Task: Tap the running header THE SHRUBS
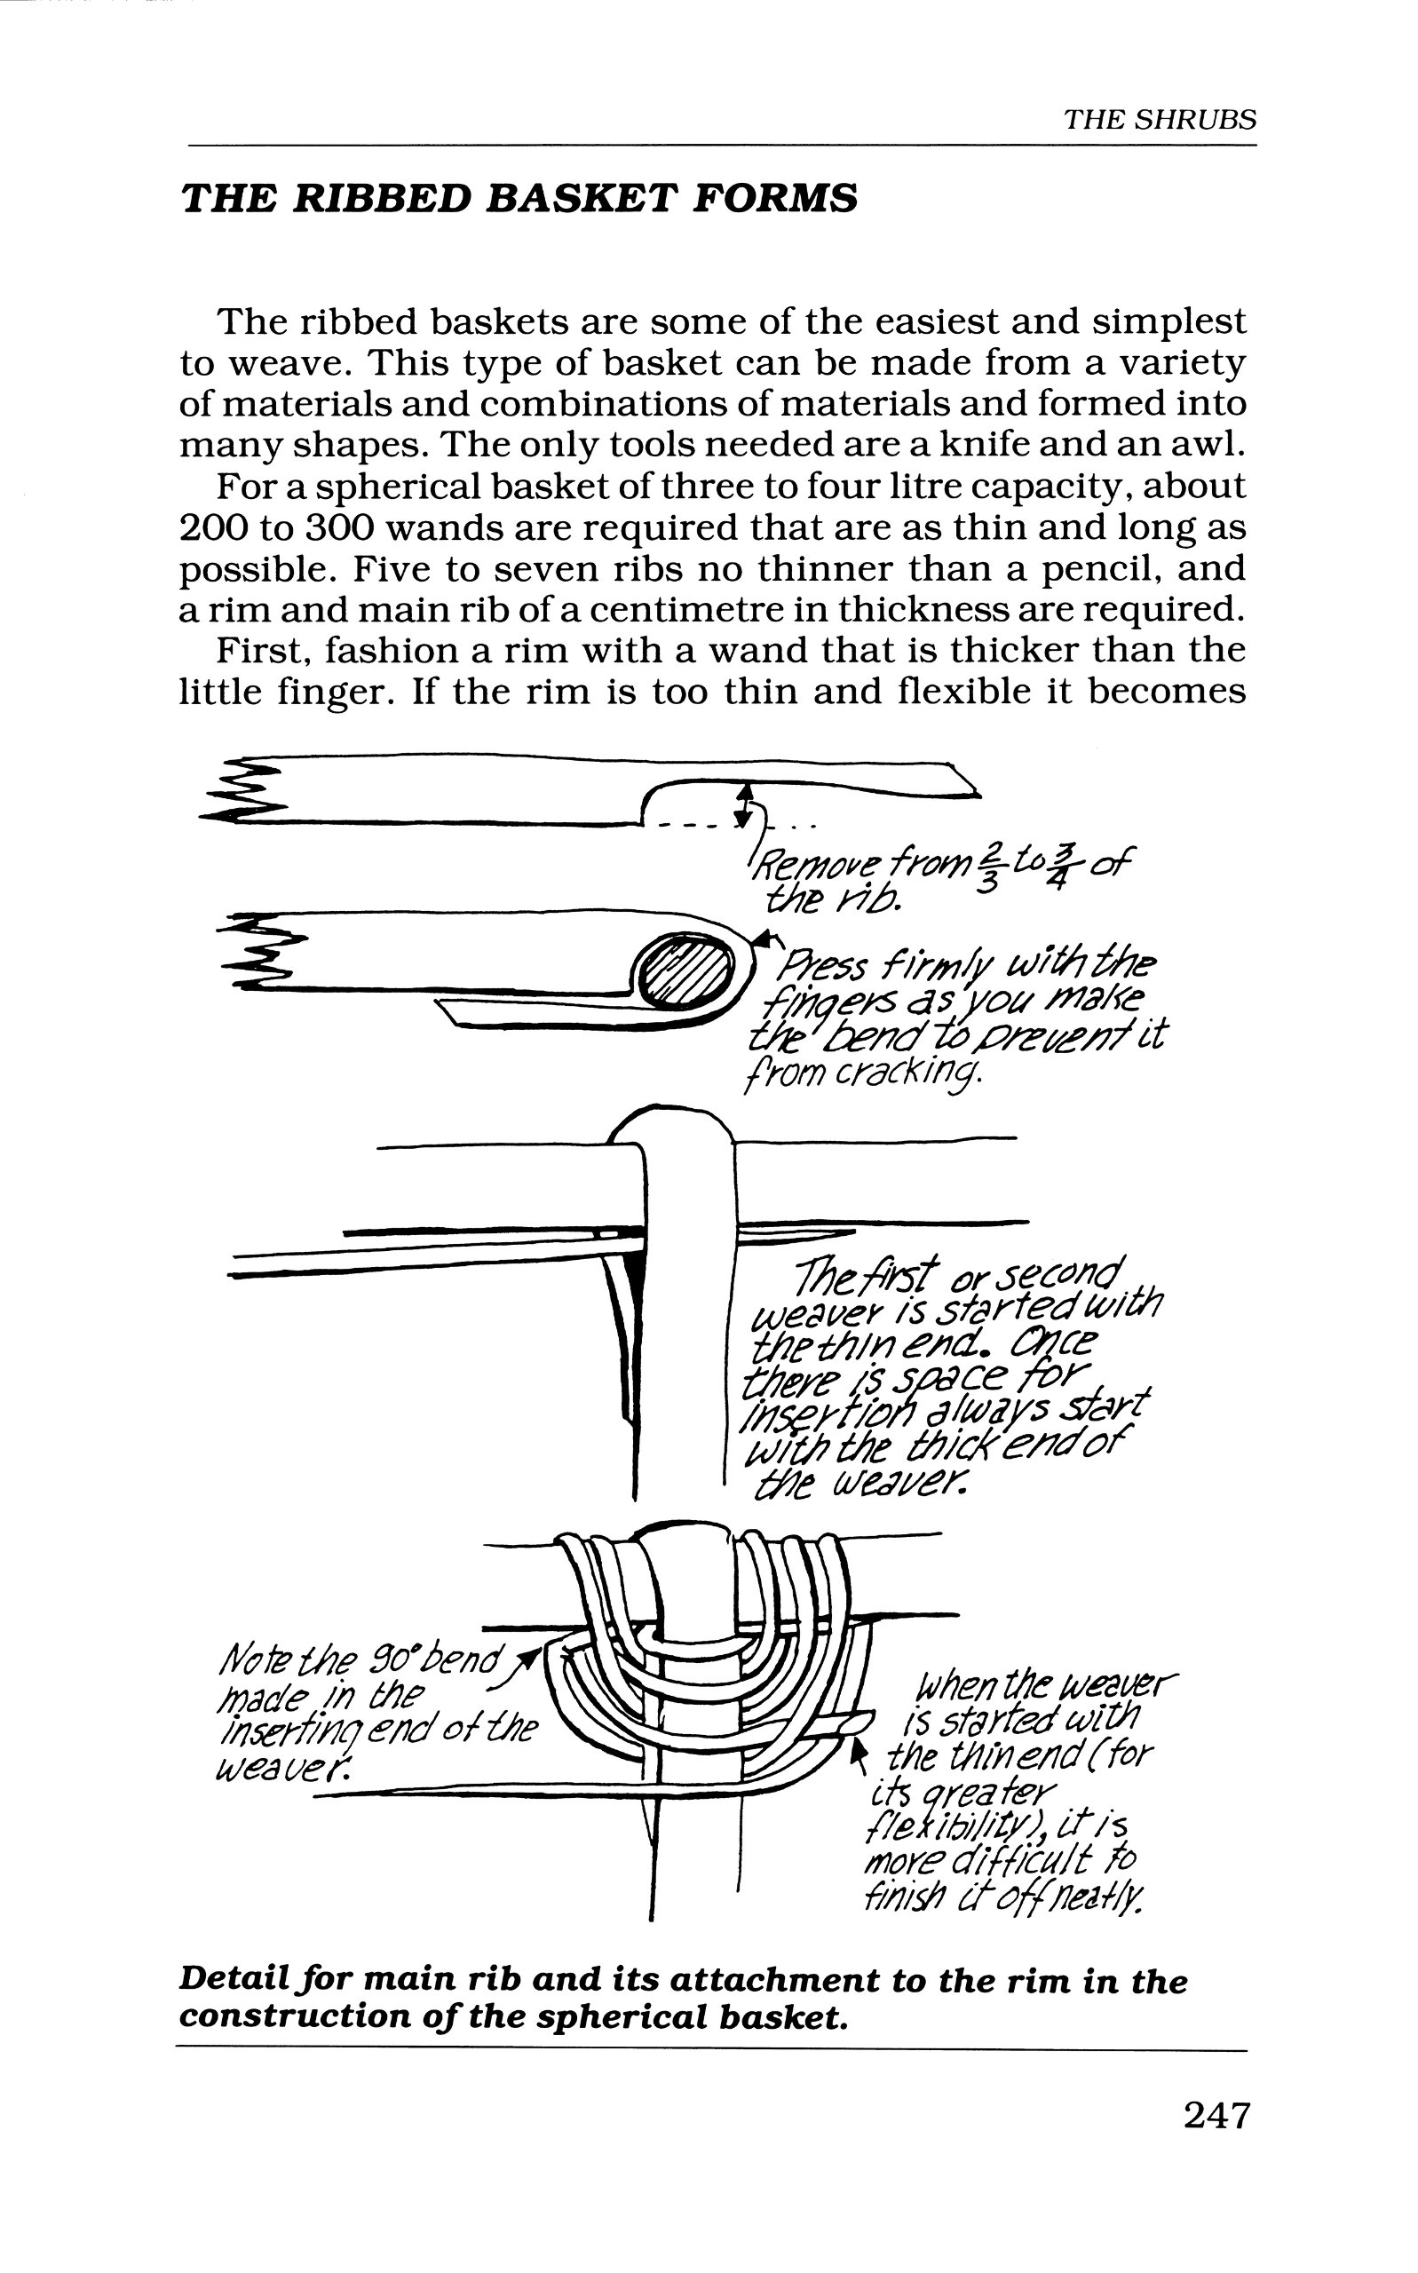pyautogui.click(x=1159, y=120)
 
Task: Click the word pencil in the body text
pyautogui.click(x=1047, y=568)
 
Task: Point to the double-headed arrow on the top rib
pyautogui.click(x=744, y=804)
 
